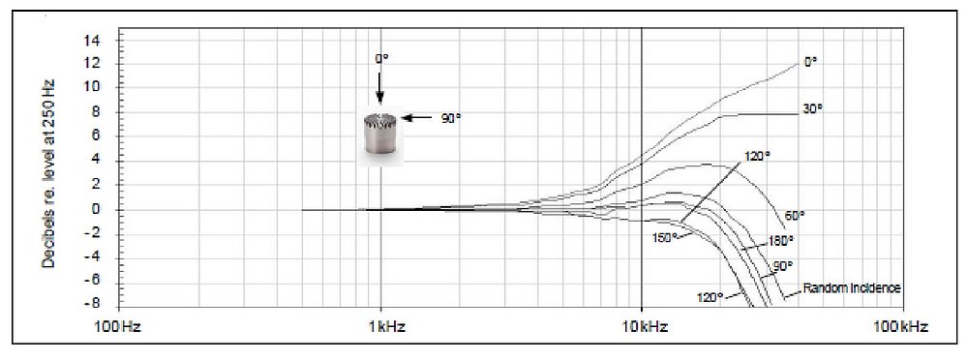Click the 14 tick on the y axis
[98, 40]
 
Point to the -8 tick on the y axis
[98, 305]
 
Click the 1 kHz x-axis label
[382, 327]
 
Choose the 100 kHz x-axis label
[903, 327]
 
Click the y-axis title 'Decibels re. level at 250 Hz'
[48, 172]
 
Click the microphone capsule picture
[380, 135]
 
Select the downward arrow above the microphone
[379, 87]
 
